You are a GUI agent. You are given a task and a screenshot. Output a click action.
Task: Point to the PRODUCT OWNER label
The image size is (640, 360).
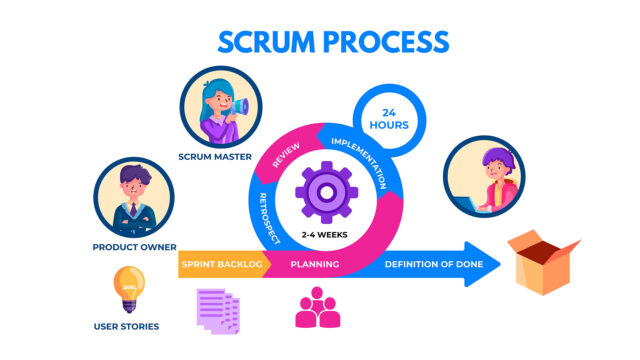point(134,246)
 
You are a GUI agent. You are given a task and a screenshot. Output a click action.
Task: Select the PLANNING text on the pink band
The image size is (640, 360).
point(314,265)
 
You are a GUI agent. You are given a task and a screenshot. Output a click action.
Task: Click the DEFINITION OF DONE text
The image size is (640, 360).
point(434,265)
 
